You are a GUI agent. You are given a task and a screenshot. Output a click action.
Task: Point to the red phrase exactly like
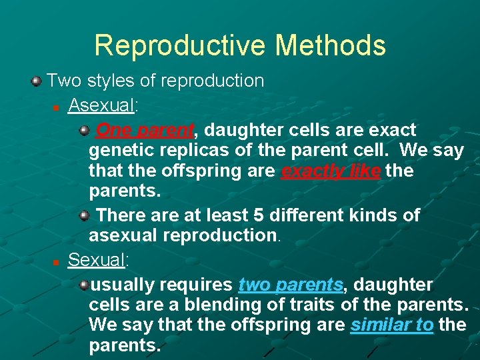(x=331, y=171)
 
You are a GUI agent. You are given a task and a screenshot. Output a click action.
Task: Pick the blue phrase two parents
(x=290, y=285)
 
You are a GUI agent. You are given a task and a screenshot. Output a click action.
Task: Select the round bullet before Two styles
(x=36, y=81)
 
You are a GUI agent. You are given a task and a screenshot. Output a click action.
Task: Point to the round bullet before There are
(x=85, y=216)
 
